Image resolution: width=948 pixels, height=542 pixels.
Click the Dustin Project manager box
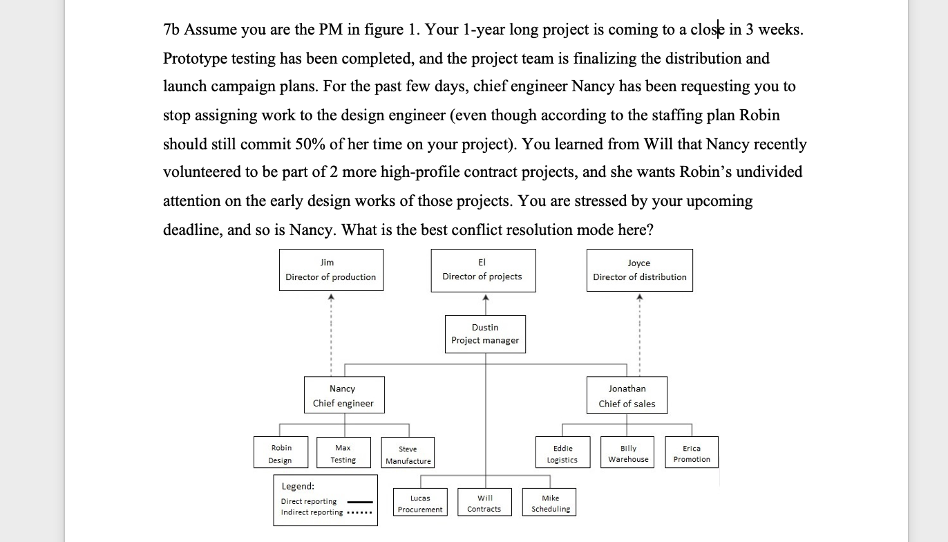(485, 334)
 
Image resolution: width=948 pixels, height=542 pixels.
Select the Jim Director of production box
(331, 270)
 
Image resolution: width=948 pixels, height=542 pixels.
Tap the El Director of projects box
(482, 270)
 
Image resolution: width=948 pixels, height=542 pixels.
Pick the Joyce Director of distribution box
(640, 270)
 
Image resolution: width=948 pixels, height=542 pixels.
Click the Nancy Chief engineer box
(343, 395)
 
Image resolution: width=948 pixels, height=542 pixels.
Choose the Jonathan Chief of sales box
(627, 395)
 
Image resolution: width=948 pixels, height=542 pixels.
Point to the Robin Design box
(281, 454)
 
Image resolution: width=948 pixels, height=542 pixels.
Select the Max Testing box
(343, 454)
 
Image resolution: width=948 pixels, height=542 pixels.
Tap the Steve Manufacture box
(408, 454)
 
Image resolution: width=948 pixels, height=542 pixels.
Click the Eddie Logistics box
(562, 454)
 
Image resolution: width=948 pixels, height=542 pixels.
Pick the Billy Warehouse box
(628, 454)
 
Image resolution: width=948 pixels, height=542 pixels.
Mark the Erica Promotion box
(692, 454)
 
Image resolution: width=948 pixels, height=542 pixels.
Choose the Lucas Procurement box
(420, 503)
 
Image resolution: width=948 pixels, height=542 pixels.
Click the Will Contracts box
(484, 503)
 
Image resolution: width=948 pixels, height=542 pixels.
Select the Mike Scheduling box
(551, 503)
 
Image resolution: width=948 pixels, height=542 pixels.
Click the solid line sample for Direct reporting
(359, 502)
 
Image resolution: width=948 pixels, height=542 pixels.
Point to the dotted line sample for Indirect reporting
(359, 513)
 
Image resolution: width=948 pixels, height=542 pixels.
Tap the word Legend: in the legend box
(298, 487)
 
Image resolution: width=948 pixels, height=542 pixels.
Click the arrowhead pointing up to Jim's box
(331, 298)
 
